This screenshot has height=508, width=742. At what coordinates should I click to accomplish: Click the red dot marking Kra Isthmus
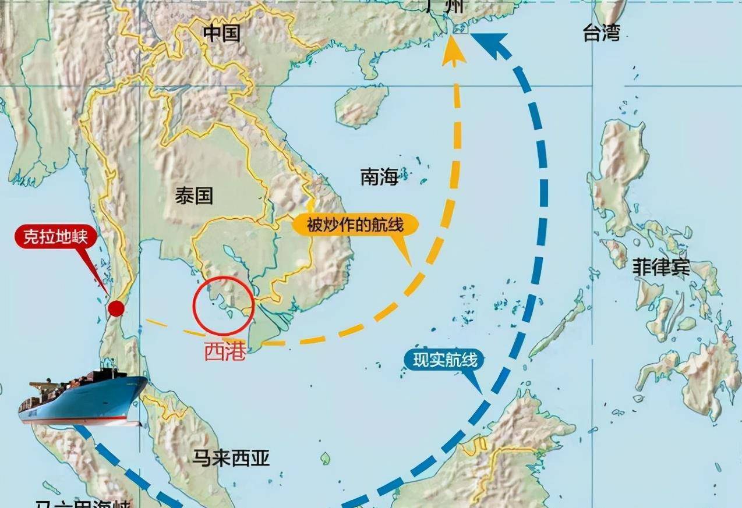click(x=116, y=308)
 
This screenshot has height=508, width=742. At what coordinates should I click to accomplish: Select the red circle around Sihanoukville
click(x=224, y=307)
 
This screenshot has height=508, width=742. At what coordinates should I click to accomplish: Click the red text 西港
click(x=225, y=352)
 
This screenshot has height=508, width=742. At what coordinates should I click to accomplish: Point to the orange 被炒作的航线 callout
click(x=355, y=224)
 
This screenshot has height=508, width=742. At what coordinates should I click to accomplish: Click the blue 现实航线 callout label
click(x=445, y=360)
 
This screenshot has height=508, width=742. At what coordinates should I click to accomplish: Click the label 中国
click(x=222, y=33)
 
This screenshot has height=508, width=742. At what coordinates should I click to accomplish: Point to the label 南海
click(x=379, y=177)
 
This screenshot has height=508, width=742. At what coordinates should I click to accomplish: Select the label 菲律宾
click(x=660, y=267)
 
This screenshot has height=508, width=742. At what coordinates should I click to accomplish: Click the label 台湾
click(x=602, y=33)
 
